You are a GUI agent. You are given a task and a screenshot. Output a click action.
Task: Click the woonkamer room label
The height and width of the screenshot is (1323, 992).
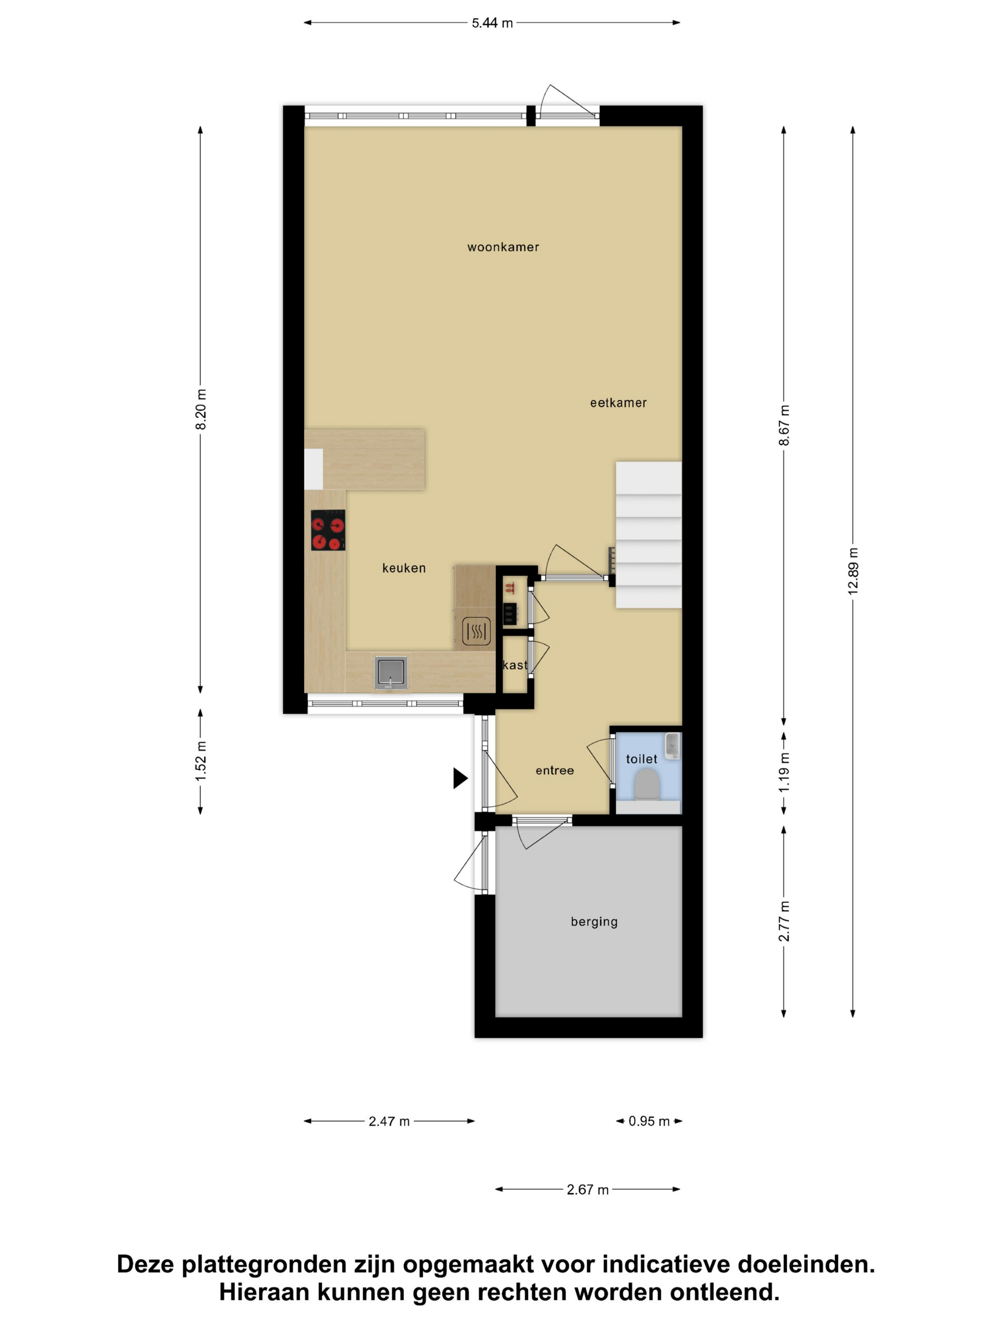tap(503, 247)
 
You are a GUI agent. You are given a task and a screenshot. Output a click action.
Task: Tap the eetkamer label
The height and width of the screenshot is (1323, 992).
tap(618, 403)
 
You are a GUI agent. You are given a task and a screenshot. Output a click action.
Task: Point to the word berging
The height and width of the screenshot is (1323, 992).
tap(594, 922)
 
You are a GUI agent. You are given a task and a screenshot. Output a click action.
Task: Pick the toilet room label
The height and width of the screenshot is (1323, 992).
tap(641, 759)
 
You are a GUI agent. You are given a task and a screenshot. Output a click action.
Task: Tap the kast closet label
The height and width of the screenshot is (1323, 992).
tap(515, 665)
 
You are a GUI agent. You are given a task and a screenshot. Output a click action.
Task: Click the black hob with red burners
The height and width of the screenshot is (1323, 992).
tap(328, 530)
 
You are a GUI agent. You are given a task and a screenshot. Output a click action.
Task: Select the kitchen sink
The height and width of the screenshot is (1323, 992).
tap(391, 672)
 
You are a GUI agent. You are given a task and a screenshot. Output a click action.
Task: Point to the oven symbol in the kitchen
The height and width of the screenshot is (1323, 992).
tap(477, 631)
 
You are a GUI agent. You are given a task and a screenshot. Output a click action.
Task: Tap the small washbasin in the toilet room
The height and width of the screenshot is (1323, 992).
tap(673, 746)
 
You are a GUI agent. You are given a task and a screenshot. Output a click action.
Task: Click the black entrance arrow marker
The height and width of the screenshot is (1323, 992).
tap(460, 778)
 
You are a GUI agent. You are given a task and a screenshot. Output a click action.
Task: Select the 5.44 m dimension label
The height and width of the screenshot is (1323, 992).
tap(492, 23)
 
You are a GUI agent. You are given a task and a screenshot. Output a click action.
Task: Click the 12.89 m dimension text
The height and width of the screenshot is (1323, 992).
tap(853, 571)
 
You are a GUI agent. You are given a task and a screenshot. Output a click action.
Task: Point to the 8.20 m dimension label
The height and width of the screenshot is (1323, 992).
tap(201, 409)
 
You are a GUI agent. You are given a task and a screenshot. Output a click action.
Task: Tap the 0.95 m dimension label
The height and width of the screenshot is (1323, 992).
tap(649, 1121)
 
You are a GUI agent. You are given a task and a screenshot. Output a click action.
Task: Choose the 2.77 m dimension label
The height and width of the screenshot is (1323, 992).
tap(784, 921)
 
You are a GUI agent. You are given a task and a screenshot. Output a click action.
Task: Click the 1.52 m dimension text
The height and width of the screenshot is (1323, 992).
tap(201, 761)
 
